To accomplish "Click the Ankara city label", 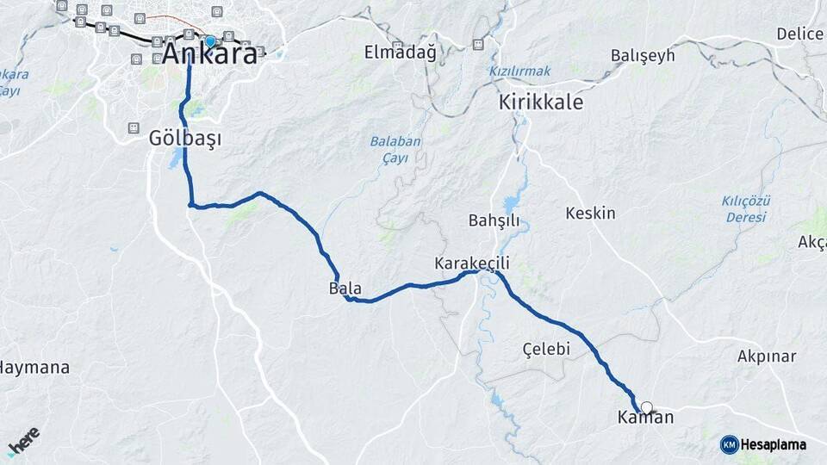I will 209,54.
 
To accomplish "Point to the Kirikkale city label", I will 541,102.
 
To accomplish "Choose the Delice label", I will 799,34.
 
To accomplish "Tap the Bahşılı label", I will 494,220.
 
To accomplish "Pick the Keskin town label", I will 590,213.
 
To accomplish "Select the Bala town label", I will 345,288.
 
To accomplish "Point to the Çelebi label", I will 547,349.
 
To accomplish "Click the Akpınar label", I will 767,356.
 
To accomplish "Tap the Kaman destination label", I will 645,418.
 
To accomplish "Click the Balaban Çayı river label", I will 395,148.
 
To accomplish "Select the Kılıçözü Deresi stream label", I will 745,208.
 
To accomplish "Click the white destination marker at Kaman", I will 646,408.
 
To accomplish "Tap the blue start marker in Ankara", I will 209,40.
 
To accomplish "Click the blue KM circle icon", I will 729,444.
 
